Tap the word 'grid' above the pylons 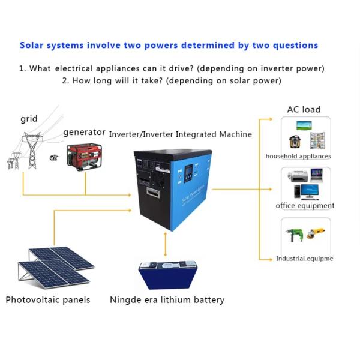tap(29, 119)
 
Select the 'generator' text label tap(85, 132)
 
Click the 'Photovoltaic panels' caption tap(48, 299)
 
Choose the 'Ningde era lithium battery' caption tap(167, 299)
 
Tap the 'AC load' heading tap(304, 109)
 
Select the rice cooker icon tap(295, 142)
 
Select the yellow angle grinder tap(317, 233)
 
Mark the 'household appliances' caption tap(298, 157)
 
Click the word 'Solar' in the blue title tap(32, 45)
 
